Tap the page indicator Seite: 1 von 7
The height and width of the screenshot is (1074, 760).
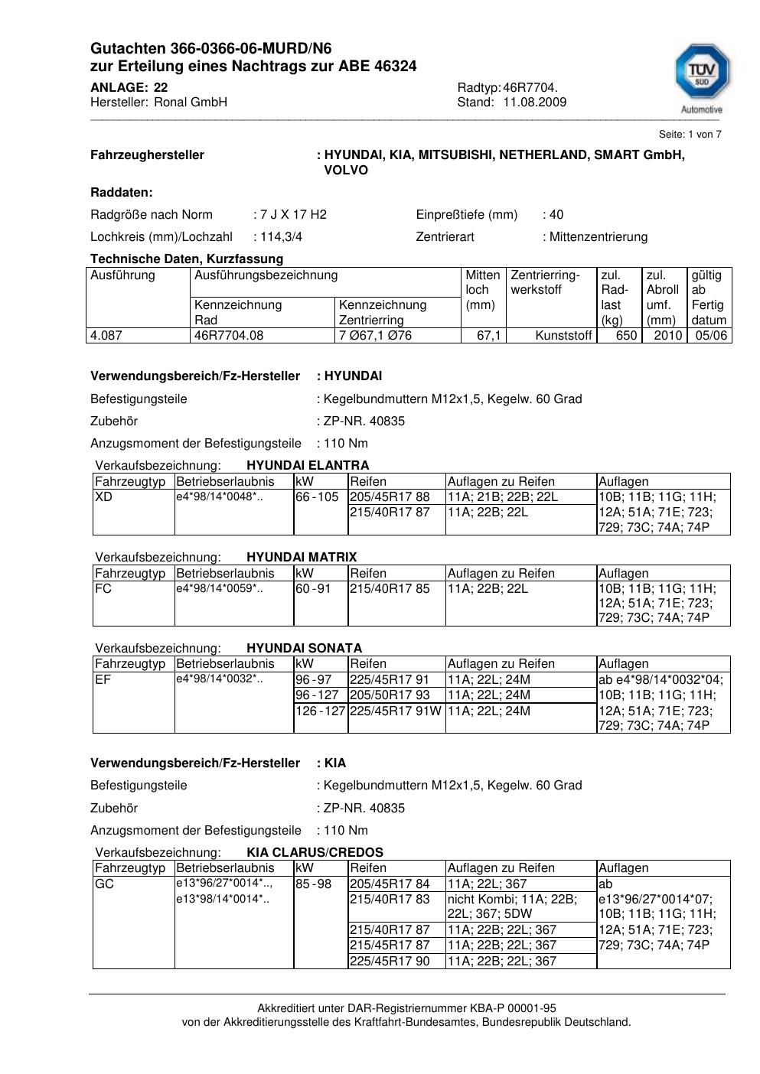[690, 135]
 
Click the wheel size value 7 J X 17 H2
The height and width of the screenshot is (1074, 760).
[293, 215]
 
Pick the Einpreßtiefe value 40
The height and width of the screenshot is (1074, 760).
[556, 215]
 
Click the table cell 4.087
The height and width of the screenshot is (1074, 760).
[106, 336]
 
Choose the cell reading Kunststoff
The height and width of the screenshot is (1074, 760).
[564, 336]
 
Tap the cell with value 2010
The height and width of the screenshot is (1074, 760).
[668, 336]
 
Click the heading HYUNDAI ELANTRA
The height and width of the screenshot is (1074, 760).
[308, 465]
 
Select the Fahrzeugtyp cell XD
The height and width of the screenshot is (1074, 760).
[103, 497]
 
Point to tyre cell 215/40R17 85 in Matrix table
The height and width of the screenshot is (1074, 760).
[390, 589]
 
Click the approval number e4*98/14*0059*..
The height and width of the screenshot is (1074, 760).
[220, 589]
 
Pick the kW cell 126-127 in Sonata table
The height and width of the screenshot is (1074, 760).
[321, 711]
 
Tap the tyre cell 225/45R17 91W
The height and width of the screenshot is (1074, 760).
[396, 711]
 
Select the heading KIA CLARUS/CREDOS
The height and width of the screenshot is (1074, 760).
[315, 852]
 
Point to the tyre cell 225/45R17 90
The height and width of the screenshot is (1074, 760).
[390, 962]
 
